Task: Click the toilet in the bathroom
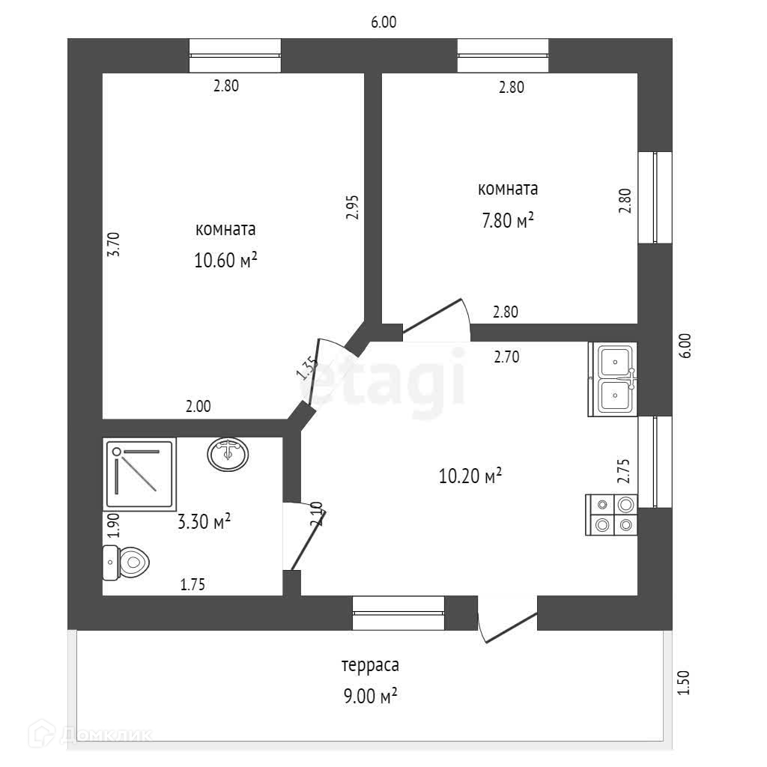click(x=127, y=561)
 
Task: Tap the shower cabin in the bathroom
click(x=139, y=475)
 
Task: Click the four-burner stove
click(x=613, y=515)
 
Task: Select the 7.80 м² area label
click(x=507, y=219)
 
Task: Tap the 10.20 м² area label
click(x=470, y=476)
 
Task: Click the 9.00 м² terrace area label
click(x=369, y=696)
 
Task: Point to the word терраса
click(x=370, y=665)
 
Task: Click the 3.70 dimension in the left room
click(x=113, y=245)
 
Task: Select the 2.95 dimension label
click(x=353, y=207)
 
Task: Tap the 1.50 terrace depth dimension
click(x=682, y=682)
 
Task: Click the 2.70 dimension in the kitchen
click(x=506, y=357)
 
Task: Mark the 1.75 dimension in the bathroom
click(x=192, y=585)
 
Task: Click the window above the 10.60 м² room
click(x=235, y=55)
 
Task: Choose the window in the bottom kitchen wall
click(x=398, y=613)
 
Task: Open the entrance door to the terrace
click(x=508, y=618)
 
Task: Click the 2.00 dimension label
click(x=198, y=407)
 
